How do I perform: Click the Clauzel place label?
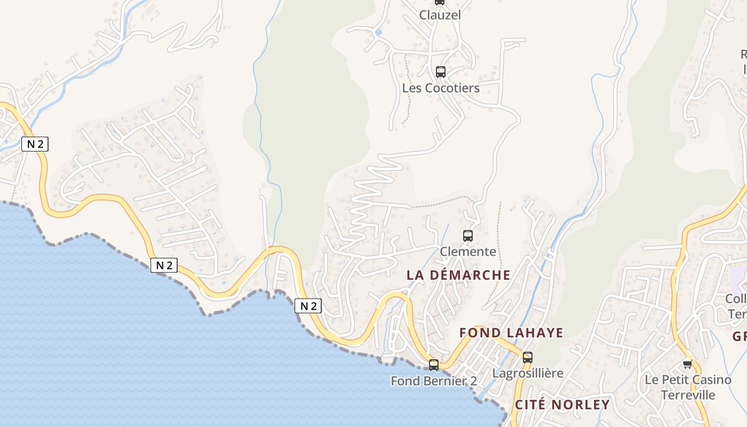click(x=440, y=15)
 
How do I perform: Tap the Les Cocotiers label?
click(x=441, y=88)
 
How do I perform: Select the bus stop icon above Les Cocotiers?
click(x=441, y=72)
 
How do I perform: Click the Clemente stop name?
click(x=468, y=251)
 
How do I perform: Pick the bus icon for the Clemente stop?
click(x=468, y=235)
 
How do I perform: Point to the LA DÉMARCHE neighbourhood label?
click(x=458, y=275)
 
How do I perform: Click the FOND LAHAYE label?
click(x=511, y=333)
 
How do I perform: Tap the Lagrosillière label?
click(x=528, y=373)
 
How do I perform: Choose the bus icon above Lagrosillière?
click(x=528, y=358)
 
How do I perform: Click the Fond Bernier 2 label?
click(x=434, y=381)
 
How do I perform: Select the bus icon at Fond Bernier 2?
click(x=434, y=365)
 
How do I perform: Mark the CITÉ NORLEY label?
click(x=562, y=405)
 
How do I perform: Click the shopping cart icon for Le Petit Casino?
click(x=688, y=364)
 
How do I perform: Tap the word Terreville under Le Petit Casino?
click(x=688, y=395)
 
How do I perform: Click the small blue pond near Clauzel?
click(x=378, y=33)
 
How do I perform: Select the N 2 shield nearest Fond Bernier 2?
click(x=308, y=306)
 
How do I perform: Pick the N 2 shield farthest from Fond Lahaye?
click(x=35, y=144)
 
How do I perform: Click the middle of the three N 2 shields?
click(x=163, y=265)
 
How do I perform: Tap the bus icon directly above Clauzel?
click(x=440, y=2)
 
